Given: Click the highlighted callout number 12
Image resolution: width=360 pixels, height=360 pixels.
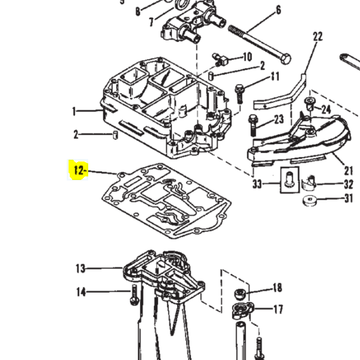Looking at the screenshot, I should point(79,170).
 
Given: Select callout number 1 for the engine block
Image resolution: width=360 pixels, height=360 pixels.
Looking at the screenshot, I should point(75,111).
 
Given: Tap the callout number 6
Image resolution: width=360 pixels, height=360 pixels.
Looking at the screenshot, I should point(278,10).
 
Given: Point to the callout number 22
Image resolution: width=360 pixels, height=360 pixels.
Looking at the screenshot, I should point(318,36).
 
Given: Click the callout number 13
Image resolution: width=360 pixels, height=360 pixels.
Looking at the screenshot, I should point(80,269).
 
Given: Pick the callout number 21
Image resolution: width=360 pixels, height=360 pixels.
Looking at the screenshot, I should point(348,171).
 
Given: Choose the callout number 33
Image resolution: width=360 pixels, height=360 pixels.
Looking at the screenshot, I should point(257,185).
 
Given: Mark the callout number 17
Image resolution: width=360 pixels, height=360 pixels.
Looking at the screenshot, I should point(278,309).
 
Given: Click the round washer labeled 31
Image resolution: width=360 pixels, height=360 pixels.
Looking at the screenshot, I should point(309,200).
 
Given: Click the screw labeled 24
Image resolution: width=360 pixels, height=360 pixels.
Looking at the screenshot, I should point(309,106).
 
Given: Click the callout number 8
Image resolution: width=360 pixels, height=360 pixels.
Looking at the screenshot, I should point(138,11).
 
